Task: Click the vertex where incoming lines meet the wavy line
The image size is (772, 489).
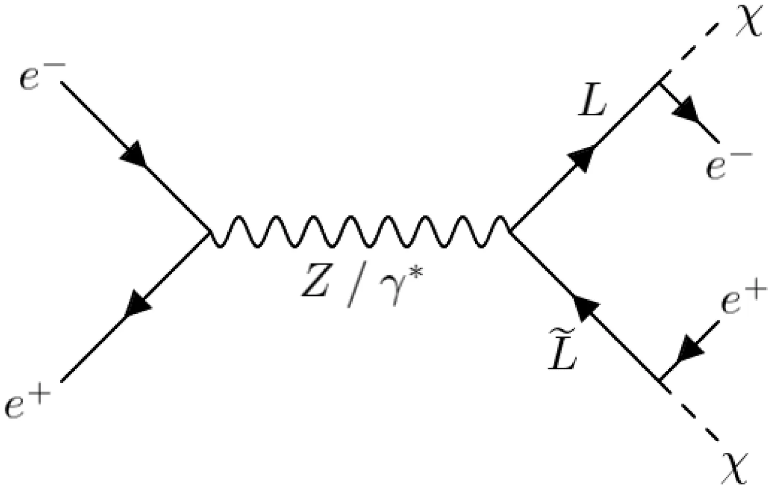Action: pos(208,233)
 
